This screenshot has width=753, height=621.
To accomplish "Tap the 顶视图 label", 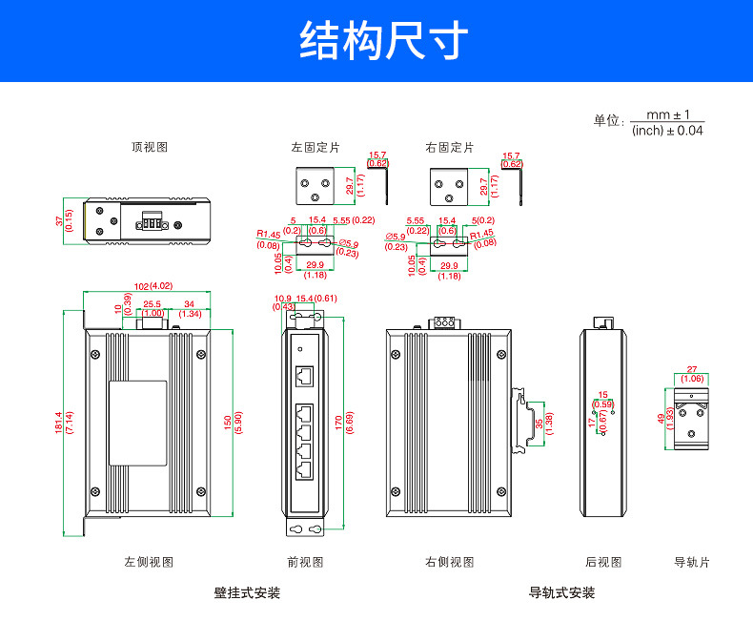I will (150, 147).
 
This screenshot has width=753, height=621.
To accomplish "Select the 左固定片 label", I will (315, 147).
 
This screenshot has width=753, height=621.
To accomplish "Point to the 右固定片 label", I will (449, 147).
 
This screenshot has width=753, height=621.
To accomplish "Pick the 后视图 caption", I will (603, 562).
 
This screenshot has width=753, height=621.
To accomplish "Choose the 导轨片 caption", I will (691, 562).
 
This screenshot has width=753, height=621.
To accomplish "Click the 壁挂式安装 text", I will (247, 592).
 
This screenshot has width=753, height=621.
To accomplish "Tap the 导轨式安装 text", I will (561, 592).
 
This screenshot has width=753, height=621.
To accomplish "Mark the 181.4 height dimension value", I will (59, 422).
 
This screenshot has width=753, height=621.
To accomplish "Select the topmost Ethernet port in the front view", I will (305, 376).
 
